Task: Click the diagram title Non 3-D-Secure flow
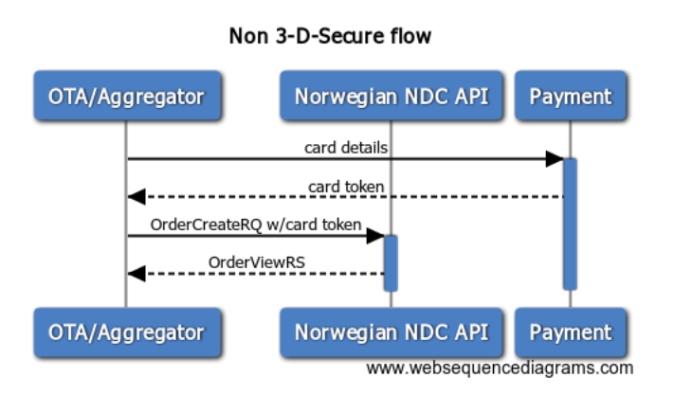click(330, 36)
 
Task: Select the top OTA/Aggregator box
click(128, 96)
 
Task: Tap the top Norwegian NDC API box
click(392, 96)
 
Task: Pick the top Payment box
click(571, 96)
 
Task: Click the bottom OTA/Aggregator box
click(128, 332)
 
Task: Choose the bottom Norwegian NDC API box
click(392, 332)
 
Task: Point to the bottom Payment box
click(571, 332)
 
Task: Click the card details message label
click(346, 148)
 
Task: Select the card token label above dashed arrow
click(346, 187)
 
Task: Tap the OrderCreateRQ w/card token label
click(256, 225)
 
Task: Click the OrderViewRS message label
click(257, 262)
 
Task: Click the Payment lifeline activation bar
click(570, 225)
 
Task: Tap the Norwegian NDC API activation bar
click(391, 262)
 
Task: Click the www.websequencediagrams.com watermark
click(500, 369)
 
